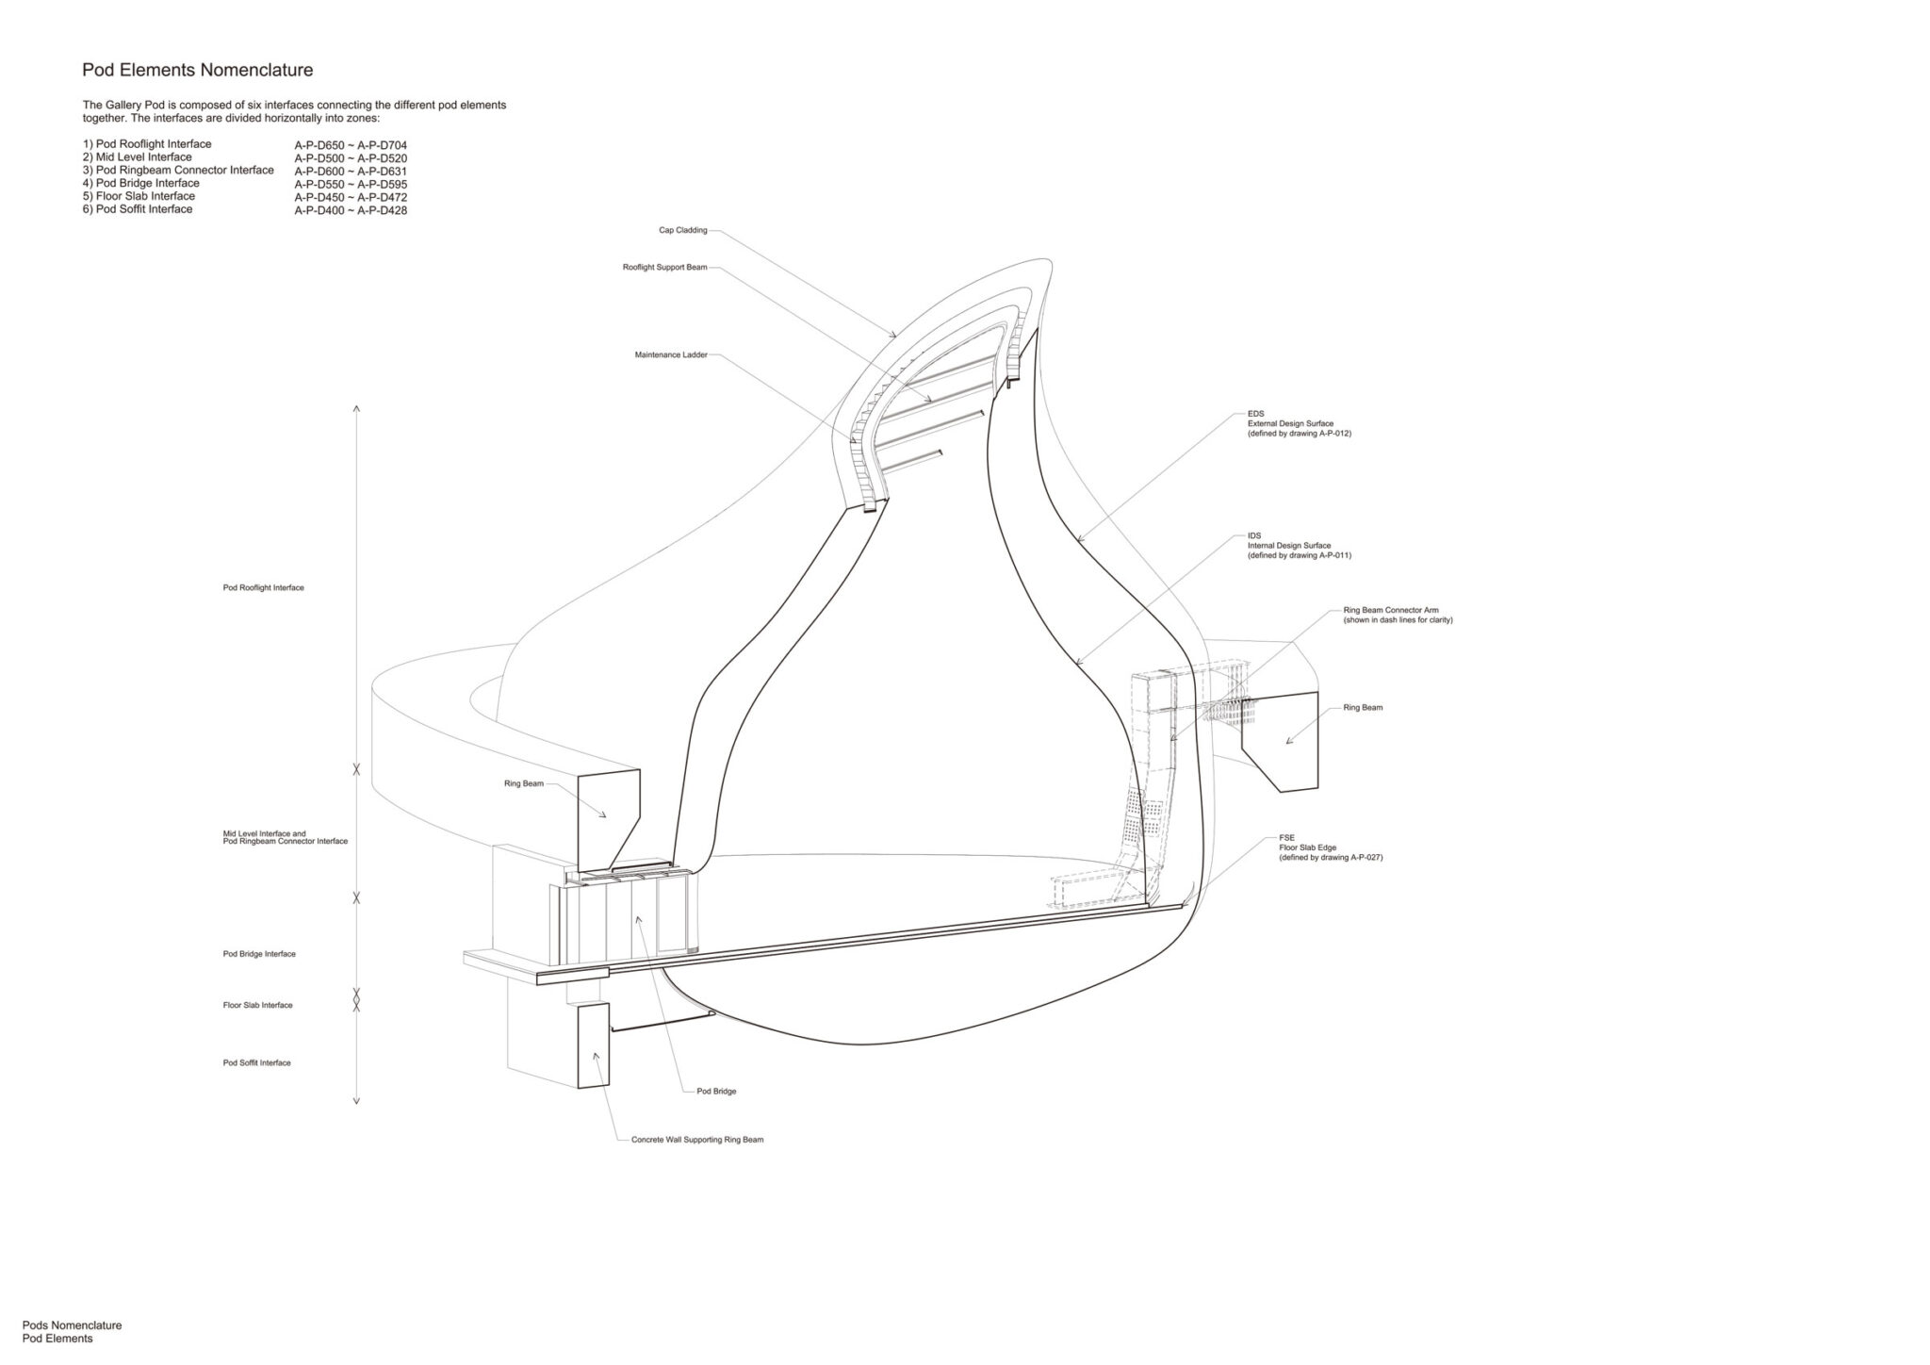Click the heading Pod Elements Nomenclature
coord(198,70)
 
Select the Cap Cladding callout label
coord(683,230)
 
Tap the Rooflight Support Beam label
coord(664,268)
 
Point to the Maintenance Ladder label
coord(671,355)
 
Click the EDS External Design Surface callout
coord(1300,423)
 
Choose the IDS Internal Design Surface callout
coord(1300,546)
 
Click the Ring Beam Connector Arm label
coord(1398,615)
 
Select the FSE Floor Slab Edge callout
coord(1331,847)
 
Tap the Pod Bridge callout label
coord(716,1091)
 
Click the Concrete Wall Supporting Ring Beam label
coord(697,1140)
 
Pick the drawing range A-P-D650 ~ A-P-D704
coord(351,145)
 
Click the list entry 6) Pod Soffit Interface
coord(138,209)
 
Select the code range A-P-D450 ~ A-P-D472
coord(351,197)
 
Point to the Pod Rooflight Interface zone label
coord(264,587)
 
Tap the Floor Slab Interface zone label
coord(258,1005)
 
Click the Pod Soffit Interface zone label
coord(257,1062)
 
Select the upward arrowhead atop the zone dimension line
coord(356,410)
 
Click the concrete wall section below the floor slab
coord(594,1045)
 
